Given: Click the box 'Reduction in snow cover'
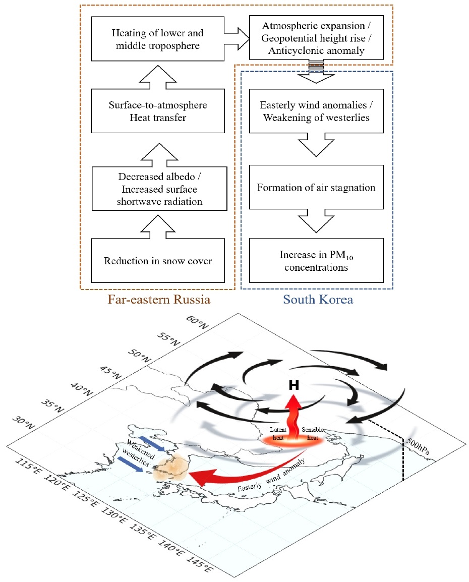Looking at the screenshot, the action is click(158, 261).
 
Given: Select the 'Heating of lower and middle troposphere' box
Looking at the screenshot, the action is click(158, 39).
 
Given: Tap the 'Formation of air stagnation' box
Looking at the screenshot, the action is click(316, 188).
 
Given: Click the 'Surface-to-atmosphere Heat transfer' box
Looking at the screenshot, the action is click(158, 111).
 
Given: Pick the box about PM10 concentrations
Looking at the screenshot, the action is click(316, 261).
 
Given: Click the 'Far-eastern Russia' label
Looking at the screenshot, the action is click(159, 300).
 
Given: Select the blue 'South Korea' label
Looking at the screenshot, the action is click(318, 300).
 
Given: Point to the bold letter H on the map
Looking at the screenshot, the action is click(294, 385).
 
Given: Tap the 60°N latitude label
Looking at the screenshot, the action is click(197, 322).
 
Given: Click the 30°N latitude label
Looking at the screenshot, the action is click(23, 423).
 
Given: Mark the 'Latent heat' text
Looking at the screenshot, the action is click(278, 434).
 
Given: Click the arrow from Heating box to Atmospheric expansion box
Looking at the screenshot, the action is click(237, 38).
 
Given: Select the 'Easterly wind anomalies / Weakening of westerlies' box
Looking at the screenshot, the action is click(316, 111).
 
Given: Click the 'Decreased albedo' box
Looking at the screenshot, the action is click(159, 189).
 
